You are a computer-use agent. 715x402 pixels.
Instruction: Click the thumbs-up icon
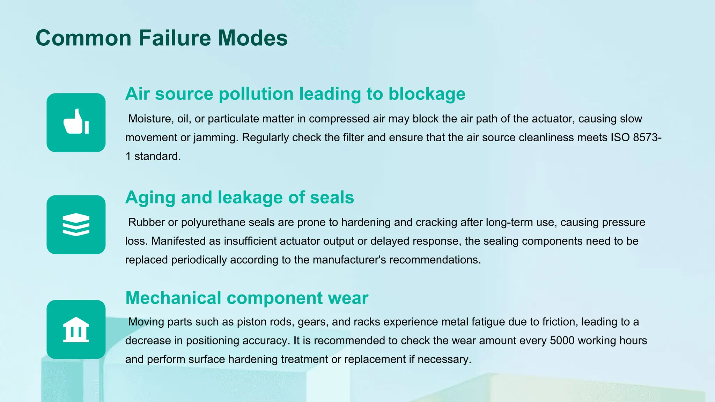76,122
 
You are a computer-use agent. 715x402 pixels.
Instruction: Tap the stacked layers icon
76,224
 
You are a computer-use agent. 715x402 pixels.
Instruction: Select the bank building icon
76,329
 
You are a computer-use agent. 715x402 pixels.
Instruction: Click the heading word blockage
427,94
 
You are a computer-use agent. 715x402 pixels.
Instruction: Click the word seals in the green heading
332,198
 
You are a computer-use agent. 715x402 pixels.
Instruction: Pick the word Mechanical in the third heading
173,298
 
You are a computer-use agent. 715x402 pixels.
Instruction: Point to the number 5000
562,341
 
